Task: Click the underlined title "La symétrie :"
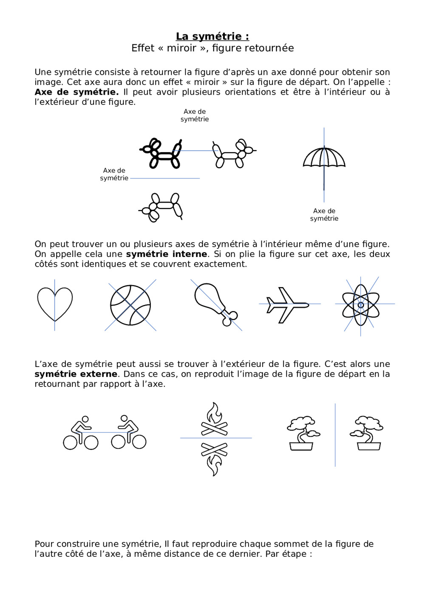coord(212,37)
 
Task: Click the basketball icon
coord(130,305)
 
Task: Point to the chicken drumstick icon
coord(215,303)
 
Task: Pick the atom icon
coord(361,305)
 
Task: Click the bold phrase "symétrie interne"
coord(167,254)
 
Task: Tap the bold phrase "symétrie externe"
coord(76,374)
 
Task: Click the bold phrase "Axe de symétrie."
coord(76,92)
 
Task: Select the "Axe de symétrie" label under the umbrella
coord(324,215)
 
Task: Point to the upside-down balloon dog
coord(161,207)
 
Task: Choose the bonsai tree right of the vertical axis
coord(367,433)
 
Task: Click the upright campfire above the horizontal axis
coord(214,419)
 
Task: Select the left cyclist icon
coord(81,433)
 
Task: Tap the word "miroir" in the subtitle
coord(181,48)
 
